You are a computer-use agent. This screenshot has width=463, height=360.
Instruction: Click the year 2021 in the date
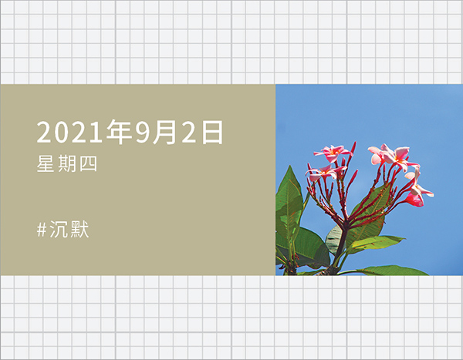[71, 132]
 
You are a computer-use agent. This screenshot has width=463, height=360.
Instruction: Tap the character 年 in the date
[119, 132]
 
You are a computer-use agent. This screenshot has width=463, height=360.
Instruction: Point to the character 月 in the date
[164, 132]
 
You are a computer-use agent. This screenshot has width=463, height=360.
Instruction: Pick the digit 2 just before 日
[189, 132]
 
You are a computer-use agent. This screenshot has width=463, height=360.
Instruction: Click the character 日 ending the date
[212, 132]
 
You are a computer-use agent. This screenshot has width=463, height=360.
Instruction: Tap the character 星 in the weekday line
[46, 163]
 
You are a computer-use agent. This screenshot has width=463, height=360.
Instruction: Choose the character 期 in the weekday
[66, 163]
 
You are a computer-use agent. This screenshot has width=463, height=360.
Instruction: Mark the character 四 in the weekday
[88, 163]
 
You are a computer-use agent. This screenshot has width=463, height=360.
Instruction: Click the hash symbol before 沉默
[42, 230]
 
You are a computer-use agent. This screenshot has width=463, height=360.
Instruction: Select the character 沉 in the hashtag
[58, 229]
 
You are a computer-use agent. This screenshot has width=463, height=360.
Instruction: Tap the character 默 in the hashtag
[79, 229]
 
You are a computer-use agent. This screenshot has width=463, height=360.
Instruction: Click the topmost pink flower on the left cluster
[333, 153]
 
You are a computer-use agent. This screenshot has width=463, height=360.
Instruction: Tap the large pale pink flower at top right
[391, 156]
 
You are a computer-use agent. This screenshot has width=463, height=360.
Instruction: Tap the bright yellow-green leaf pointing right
[377, 244]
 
